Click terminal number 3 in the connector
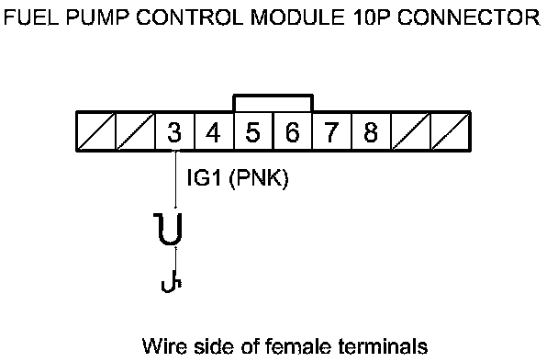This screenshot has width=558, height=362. tap(174, 132)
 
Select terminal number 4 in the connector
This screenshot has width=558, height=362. tap(214, 132)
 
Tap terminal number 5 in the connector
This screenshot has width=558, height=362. tap(253, 132)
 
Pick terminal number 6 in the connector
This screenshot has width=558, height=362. tap(292, 132)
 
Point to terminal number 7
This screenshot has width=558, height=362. tap(331, 132)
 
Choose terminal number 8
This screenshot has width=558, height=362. tap(371, 132)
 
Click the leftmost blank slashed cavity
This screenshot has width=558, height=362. tap(96, 131)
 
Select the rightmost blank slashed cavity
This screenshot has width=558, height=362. tap(450, 131)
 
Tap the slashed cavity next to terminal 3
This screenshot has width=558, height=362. tap(136, 131)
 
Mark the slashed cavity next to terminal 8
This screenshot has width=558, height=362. tap(410, 131)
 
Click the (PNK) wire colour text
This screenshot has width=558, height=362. tap(259, 178)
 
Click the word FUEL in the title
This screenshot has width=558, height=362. tap(31, 17)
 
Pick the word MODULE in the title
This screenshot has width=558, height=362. tap(298, 17)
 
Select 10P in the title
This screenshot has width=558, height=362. tap(373, 17)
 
